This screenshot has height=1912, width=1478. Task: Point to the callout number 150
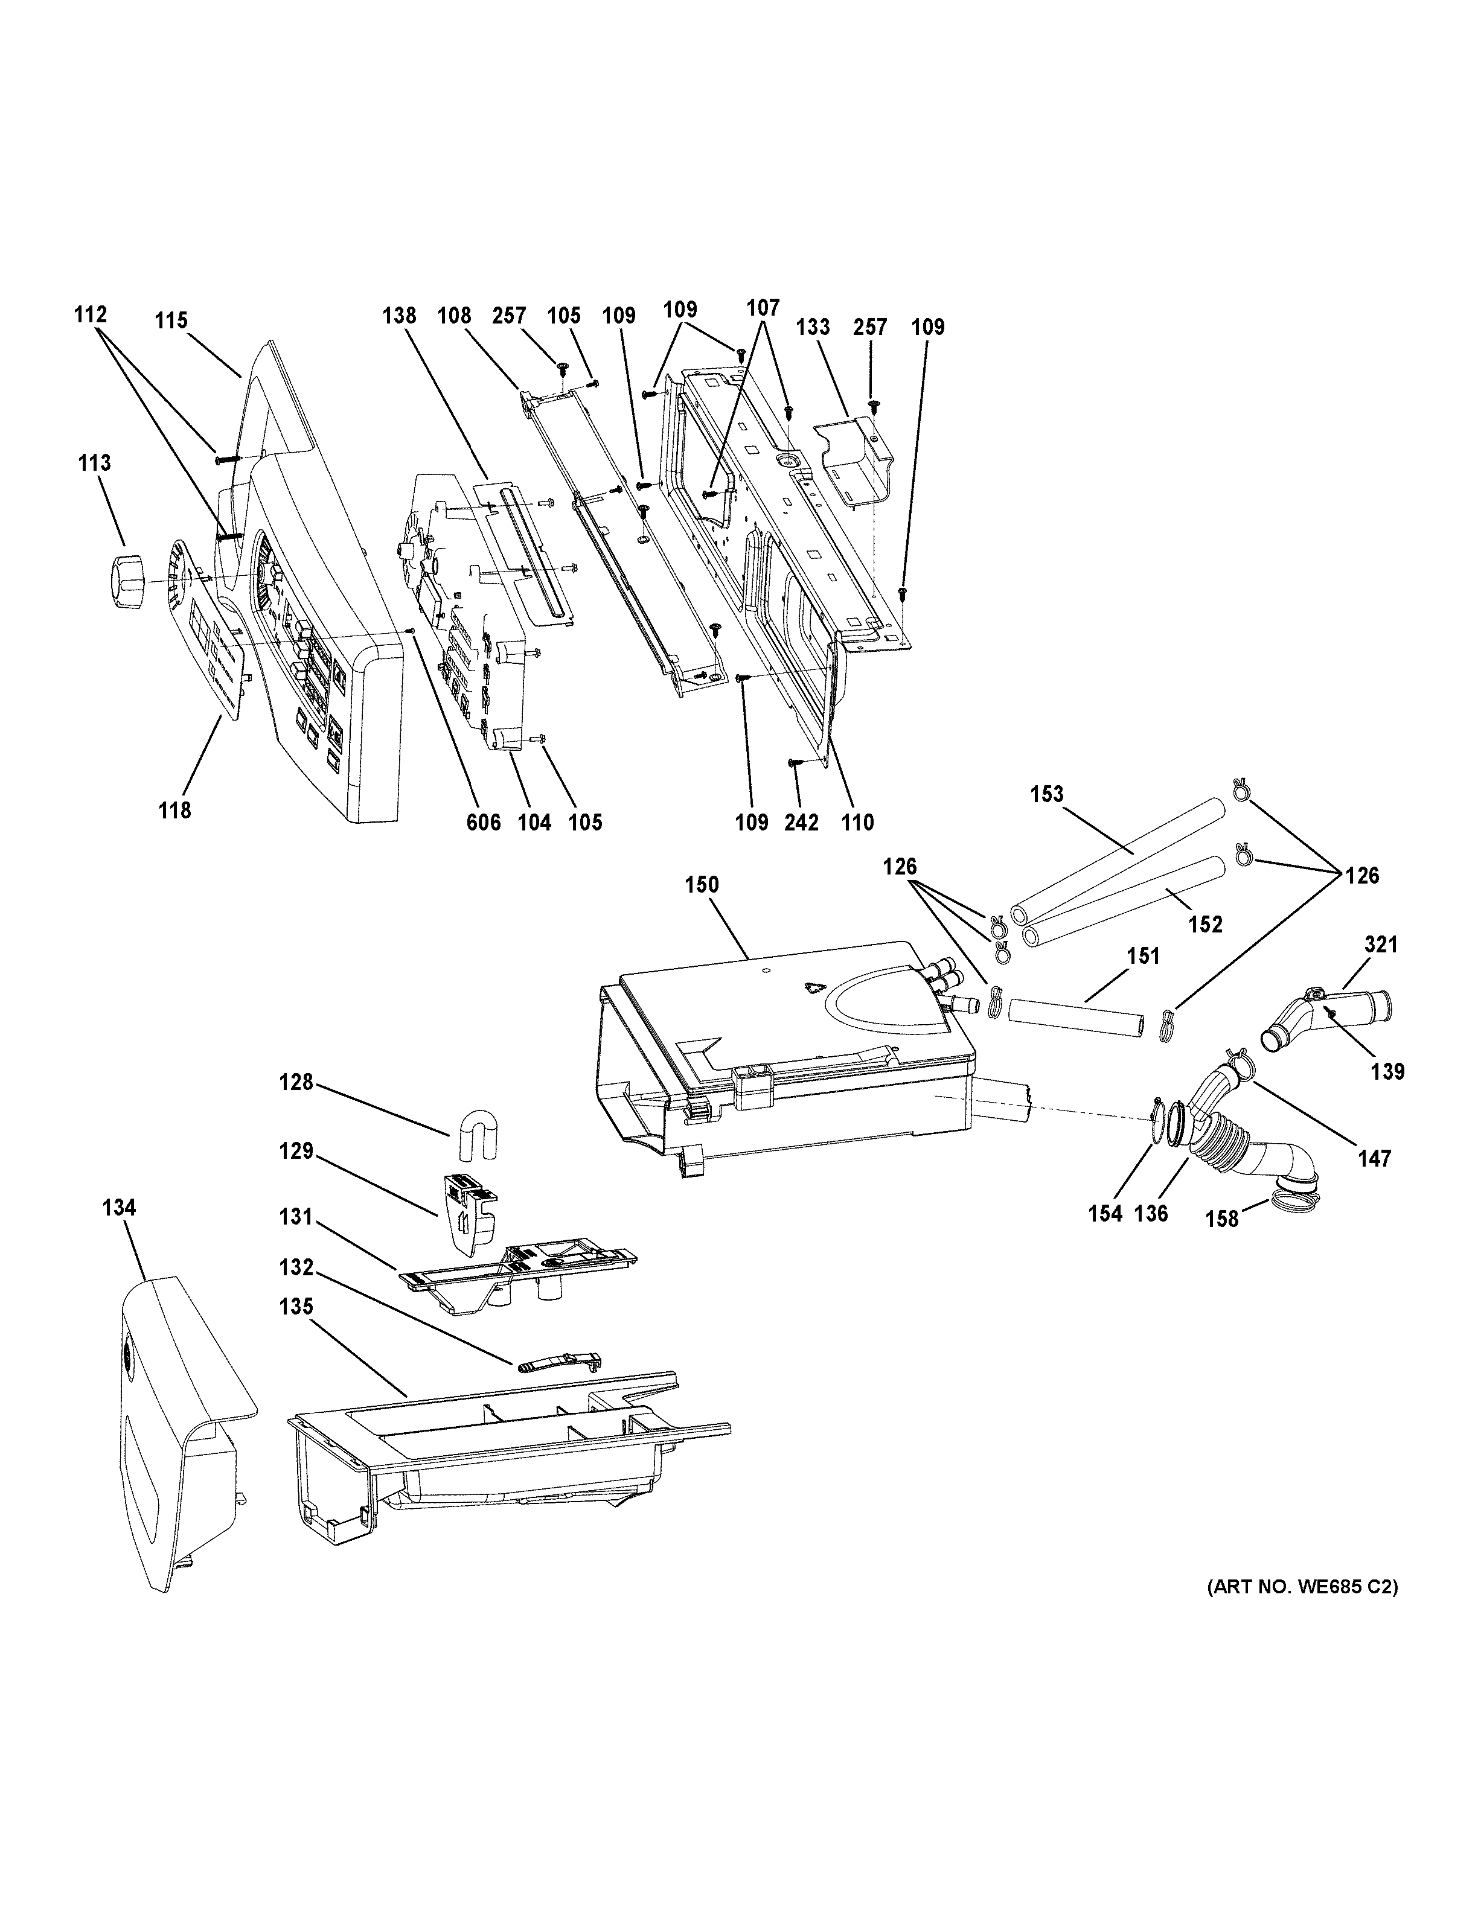point(702,885)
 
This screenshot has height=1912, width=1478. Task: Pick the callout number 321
point(1381,945)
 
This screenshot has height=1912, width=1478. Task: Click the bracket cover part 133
point(853,460)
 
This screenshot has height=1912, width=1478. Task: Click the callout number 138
point(399,315)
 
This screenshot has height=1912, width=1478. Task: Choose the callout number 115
point(171,320)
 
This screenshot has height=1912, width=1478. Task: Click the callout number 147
point(1374,1158)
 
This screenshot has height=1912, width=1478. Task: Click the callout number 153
point(1046,794)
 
